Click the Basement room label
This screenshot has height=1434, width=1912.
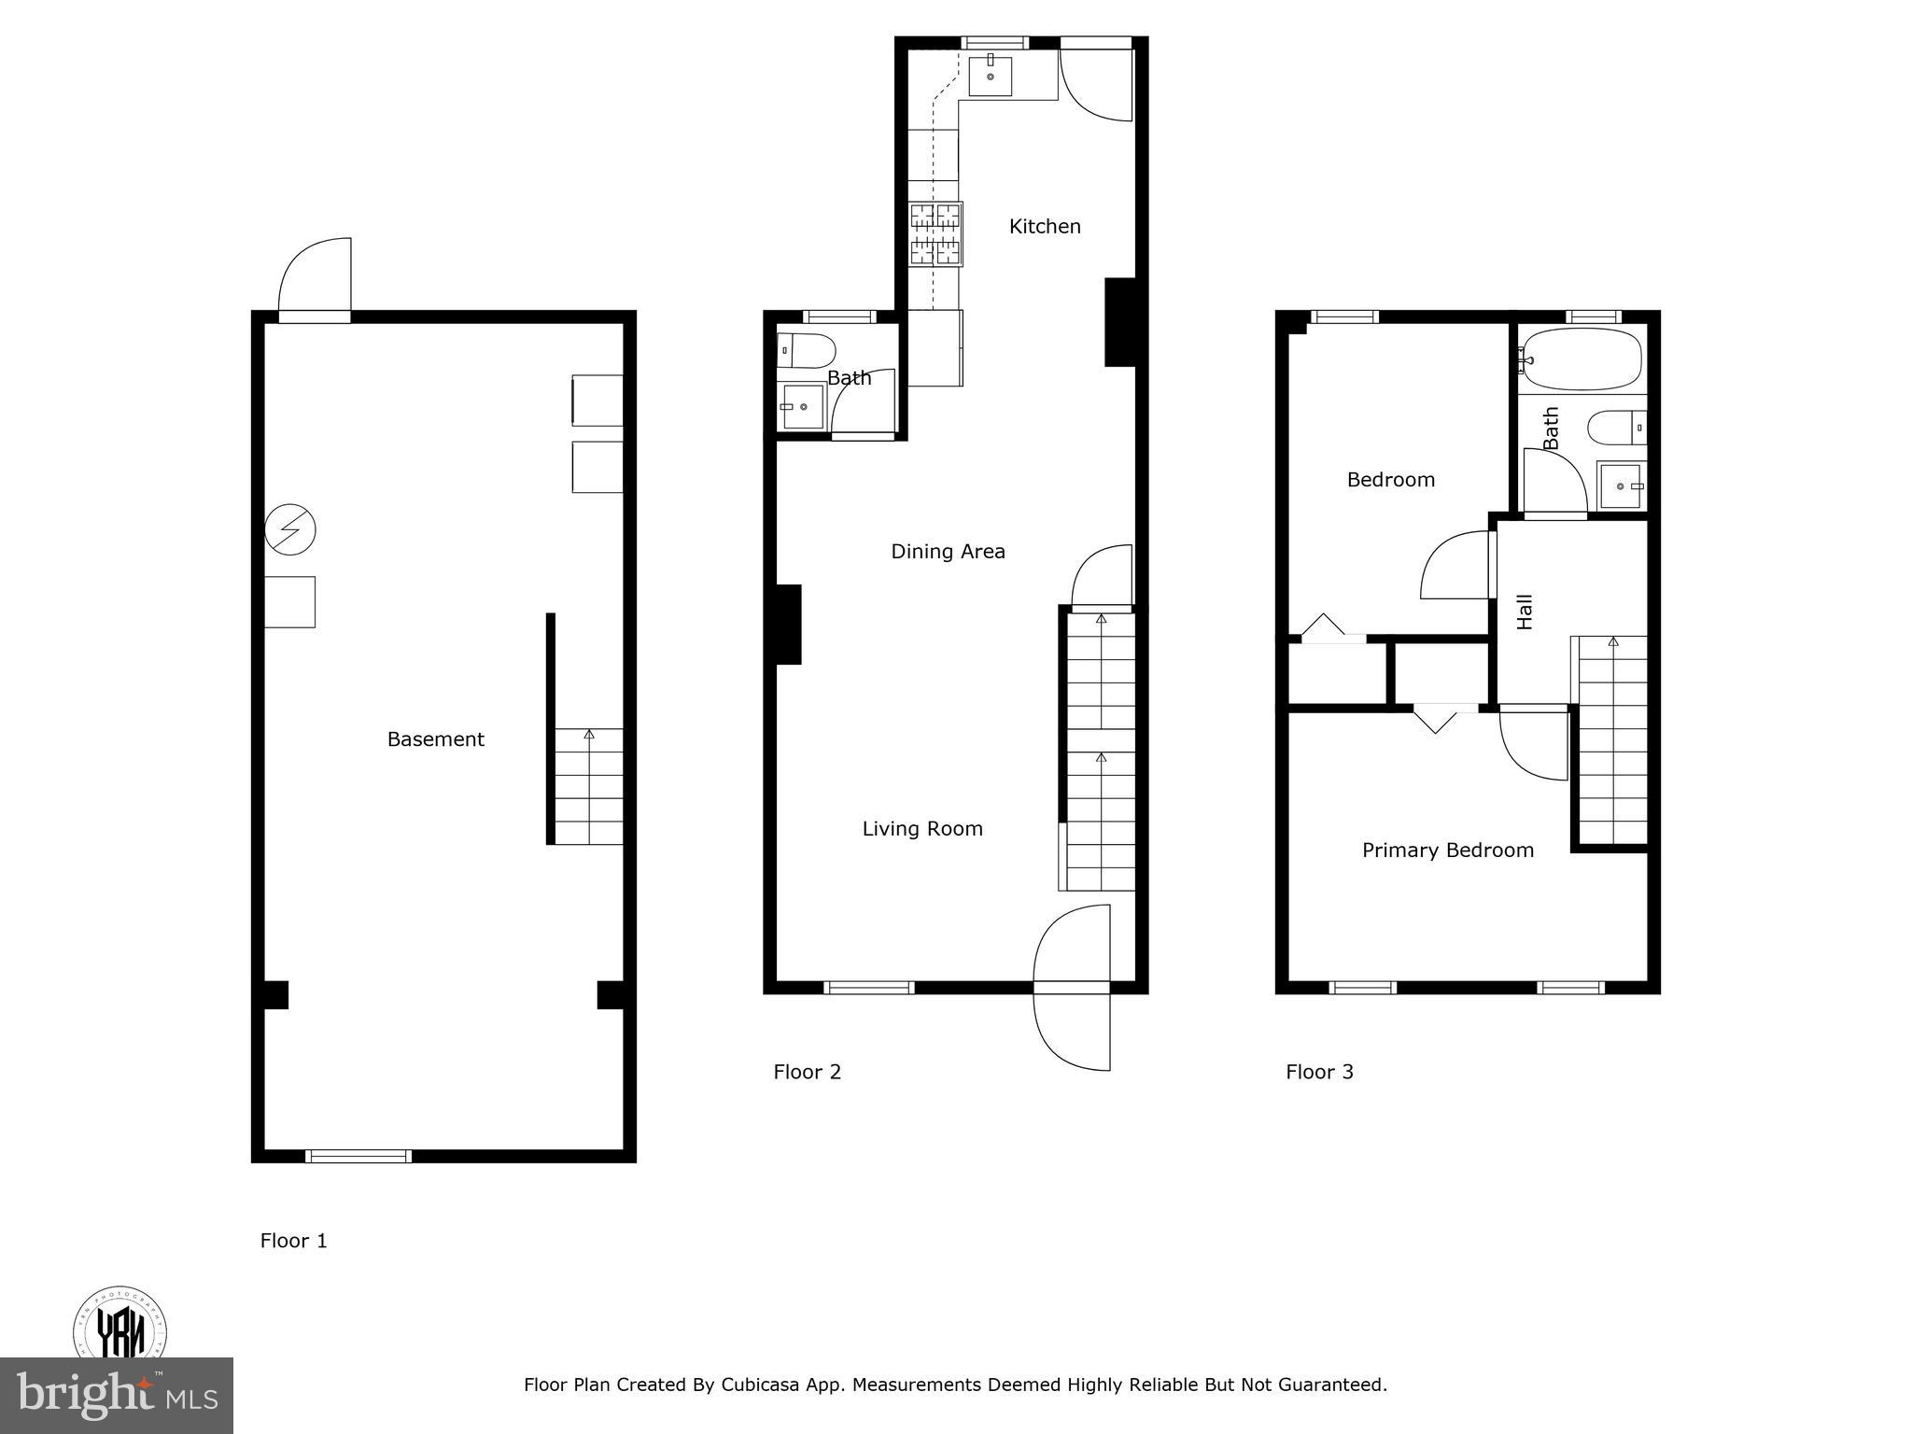click(435, 739)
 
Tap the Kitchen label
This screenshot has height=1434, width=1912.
click(1045, 226)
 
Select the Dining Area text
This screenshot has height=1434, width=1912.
click(948, 551)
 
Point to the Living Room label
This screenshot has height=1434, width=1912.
click(921, 828)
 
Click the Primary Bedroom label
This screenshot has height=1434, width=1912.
click(1447, 850)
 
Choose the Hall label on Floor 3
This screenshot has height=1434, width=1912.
click(1525, 612)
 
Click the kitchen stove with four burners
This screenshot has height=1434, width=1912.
click(935, 234)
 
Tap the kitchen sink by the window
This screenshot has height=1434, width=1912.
click(990, 75)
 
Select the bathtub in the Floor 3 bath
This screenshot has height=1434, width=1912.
click(1581, 358)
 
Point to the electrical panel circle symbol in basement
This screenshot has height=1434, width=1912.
click(290, 530)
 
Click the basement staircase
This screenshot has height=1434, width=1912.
click(588, 787)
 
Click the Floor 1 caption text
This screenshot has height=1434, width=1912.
click(293, 1241)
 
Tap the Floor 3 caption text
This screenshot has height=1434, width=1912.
click(1319, 1072)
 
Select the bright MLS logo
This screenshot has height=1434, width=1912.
click(116, 1395)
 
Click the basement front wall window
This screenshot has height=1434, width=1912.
click(358, 1156)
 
